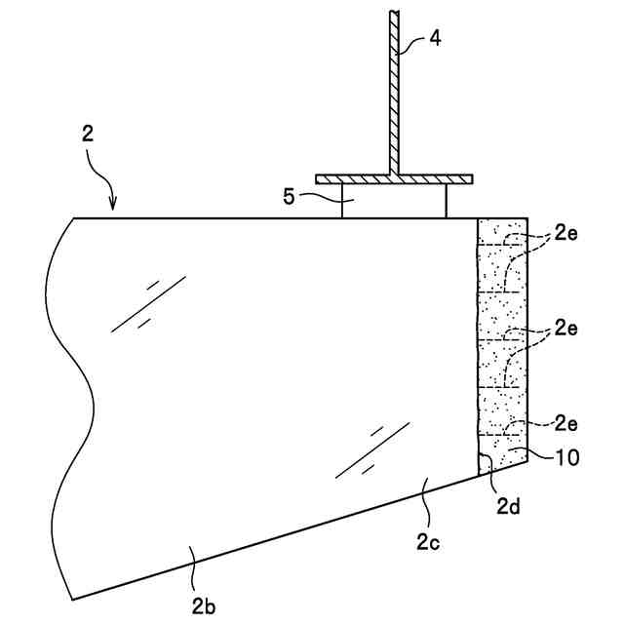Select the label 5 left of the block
(x=290, y=197)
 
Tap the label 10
(x=565, y=456)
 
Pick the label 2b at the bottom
(x=203, y=606)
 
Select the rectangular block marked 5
(x=394, y=201)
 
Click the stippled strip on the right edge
(x=501, y=341)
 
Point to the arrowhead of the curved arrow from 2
(x=113, y=207)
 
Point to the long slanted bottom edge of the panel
(x=292, y=531)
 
